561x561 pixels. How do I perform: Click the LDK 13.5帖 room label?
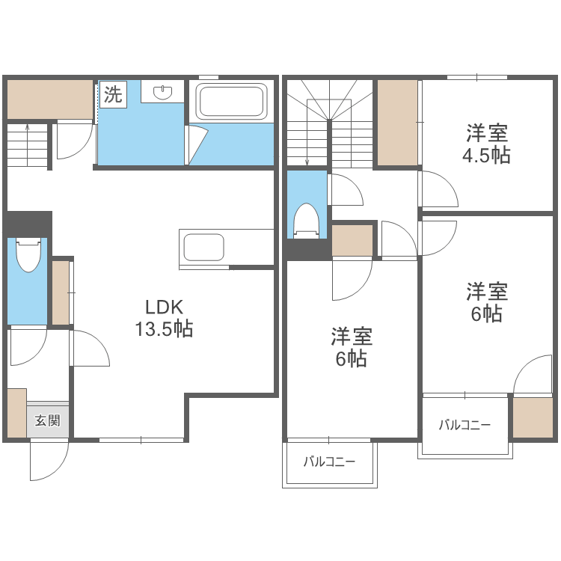click(164, 318)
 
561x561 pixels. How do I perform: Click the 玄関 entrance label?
click(47, 420)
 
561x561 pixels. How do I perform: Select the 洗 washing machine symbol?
click(112, 95)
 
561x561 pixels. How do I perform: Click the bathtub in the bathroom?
click(230, 101)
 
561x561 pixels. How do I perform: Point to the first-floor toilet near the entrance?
click(28, 255)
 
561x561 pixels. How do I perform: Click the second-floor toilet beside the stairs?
click(307, 220)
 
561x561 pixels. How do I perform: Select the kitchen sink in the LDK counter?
click(202, 248)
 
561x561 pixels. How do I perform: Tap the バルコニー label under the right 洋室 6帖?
click(465, 426)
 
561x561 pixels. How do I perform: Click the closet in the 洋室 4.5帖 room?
click(397, 122)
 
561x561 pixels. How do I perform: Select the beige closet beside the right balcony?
click(532, 417)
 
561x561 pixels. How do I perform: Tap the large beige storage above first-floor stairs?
click(49, 99)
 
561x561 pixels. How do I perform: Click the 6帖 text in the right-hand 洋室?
click(487, 314)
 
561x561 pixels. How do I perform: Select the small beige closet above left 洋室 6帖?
click(352, 240)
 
